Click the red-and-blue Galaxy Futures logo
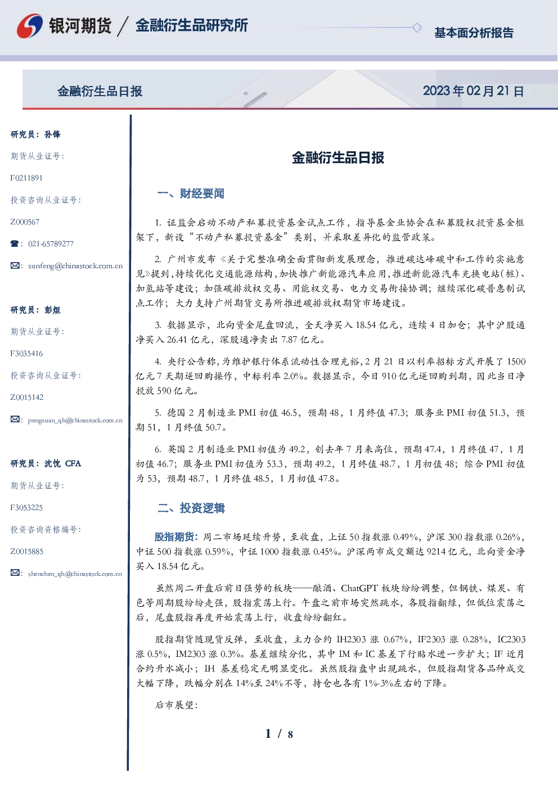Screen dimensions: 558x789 (30, 26)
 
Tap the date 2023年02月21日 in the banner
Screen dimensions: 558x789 (473, 91)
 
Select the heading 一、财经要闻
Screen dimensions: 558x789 (191, 193)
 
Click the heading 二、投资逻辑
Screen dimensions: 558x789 (191, 508)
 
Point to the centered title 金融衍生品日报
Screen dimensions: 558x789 (338, 157)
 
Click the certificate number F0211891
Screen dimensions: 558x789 (26, 178)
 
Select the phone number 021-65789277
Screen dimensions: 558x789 (51, 244)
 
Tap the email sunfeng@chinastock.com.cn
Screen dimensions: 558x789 (75, 266)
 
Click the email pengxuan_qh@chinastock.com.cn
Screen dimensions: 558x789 (75, 420)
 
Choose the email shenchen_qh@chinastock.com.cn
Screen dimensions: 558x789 (75, 574)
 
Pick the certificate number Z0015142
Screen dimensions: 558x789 (27, 398)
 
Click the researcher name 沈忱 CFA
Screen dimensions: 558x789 (62, 463)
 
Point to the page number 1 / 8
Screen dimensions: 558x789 (279, 734)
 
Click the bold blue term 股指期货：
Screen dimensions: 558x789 (177, 537)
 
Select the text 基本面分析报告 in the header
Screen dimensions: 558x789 (474, 33)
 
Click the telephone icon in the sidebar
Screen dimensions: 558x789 (15, 244)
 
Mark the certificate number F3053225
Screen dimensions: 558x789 (26, 508)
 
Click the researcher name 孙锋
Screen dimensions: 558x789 (52, 134)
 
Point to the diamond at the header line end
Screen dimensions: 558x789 (417, 28)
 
